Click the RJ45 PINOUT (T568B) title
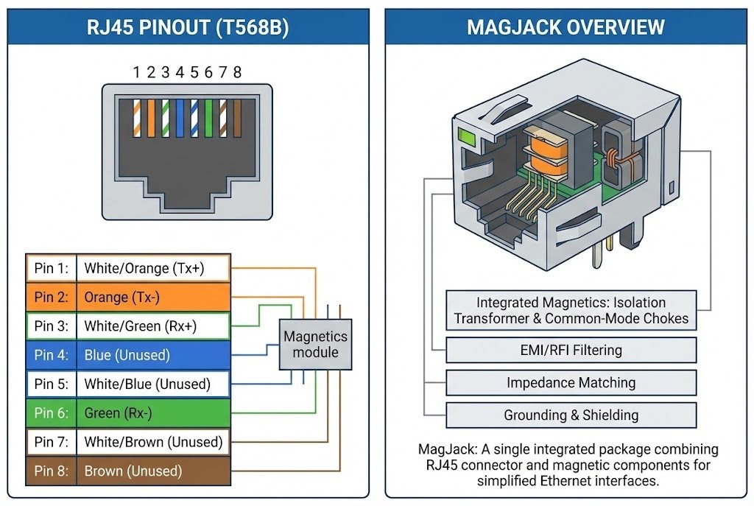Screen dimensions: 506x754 coord(187,28)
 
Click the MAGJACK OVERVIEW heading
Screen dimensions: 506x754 coord(565,28)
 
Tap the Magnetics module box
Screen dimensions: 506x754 coord(315,344)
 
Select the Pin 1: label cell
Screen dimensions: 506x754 coord(51,268)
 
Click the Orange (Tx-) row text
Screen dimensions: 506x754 coord(122,298)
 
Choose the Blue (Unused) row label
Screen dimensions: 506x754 coord(127,355)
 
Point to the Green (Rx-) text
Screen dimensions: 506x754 coord(118,413)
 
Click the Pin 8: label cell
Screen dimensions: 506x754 coord(51,471)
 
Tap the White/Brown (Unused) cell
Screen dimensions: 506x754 coord(153,442)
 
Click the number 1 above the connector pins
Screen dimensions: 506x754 coord(136,72)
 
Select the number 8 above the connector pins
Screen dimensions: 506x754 coord(237,72)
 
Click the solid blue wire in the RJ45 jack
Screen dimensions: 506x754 coord(180,119)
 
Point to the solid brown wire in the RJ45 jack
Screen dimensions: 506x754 coord(237,119)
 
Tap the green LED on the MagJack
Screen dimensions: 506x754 coord(466,136)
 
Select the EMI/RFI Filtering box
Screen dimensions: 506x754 coord(571,351)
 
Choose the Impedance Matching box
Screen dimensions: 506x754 coord(571,383)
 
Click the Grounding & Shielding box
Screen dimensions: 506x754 coord(571,415)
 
